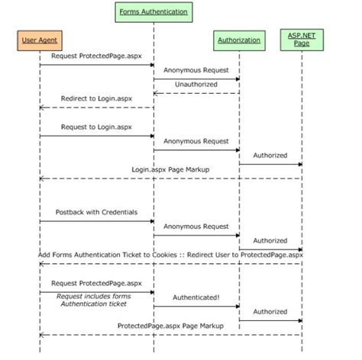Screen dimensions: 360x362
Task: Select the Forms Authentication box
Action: click(154, 12)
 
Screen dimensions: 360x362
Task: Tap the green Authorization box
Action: click(238, 40)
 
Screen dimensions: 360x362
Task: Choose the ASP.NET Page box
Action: click(302, 40)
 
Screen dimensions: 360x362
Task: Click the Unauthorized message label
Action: click(196, 84)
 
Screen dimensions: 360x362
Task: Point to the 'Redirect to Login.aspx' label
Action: click(96, 98)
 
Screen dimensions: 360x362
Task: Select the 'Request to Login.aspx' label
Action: click(96, 127)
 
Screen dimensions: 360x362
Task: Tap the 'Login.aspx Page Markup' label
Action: click(170, 169)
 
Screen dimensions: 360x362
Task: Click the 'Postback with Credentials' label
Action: click(96, 211)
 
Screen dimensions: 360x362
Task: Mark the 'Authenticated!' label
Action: click(196, 297)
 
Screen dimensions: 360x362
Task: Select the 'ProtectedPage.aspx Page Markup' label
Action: click(170, 326)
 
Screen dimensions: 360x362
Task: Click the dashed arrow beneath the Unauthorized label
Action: click(196, 93)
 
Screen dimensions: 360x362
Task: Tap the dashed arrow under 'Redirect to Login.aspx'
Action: click(96, 108)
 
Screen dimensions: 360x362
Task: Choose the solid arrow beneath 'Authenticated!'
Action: click(196, 307)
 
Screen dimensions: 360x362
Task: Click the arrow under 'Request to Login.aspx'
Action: click(96, 136)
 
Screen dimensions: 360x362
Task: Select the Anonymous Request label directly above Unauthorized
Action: click(196, 69)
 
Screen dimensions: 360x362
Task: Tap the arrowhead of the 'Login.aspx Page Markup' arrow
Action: click(42, 178)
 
